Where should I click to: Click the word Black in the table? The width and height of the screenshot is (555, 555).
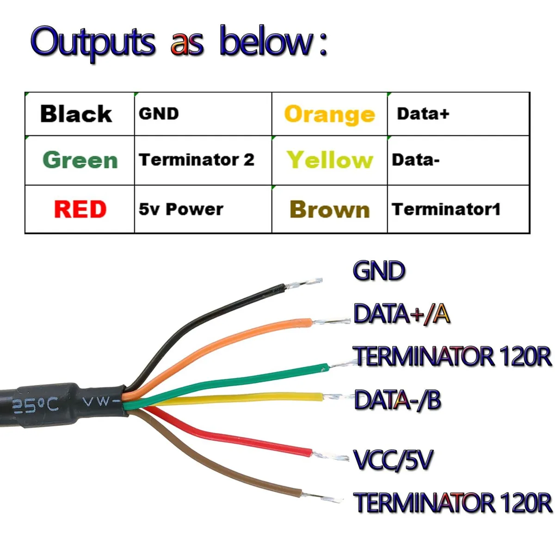coord(76,114)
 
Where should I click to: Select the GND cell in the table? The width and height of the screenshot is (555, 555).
coord(203,114)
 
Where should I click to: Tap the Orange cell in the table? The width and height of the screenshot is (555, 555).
coord(329,114)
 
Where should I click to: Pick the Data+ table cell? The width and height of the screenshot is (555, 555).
coord(458,114)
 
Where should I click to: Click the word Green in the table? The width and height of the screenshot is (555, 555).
coord(80,160)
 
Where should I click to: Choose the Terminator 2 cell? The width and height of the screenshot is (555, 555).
coord(203,160)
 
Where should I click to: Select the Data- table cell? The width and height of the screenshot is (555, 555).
coord(458,160)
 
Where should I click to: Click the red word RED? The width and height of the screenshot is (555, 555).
coord(80,209)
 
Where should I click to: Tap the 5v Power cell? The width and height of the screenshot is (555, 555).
coord(203,209)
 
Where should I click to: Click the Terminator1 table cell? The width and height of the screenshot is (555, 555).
coord(458,209)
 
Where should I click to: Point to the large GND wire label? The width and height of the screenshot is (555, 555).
coord(379,271)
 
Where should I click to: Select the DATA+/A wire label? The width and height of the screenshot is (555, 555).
coord(401,314)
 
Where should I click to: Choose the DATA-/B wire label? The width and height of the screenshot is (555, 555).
coord(397,400)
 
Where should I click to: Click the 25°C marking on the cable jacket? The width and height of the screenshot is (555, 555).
coord(36,406)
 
